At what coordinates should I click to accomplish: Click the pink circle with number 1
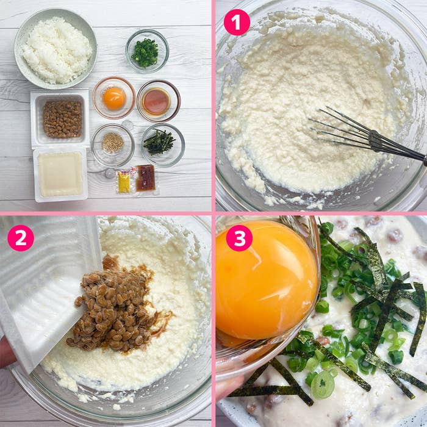(x=237, y=23)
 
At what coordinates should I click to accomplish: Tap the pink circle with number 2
(x=21, y=238)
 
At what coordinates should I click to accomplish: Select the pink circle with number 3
(x=239, y=238)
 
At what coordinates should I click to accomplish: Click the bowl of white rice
(x=56, y=50)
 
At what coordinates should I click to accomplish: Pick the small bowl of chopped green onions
(x=146, y=52)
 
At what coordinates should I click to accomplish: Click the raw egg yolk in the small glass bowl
(x=114, y=98)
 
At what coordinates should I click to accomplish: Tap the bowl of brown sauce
(x=157, y=101)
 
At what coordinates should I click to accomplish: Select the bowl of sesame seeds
(x=112, y=144)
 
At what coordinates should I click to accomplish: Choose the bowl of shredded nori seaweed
(x=161, y=143)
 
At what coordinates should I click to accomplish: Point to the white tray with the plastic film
(x=60, y=174)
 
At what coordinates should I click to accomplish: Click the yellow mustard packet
(x=124, y=182)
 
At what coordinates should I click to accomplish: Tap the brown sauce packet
(x=145, y=178)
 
